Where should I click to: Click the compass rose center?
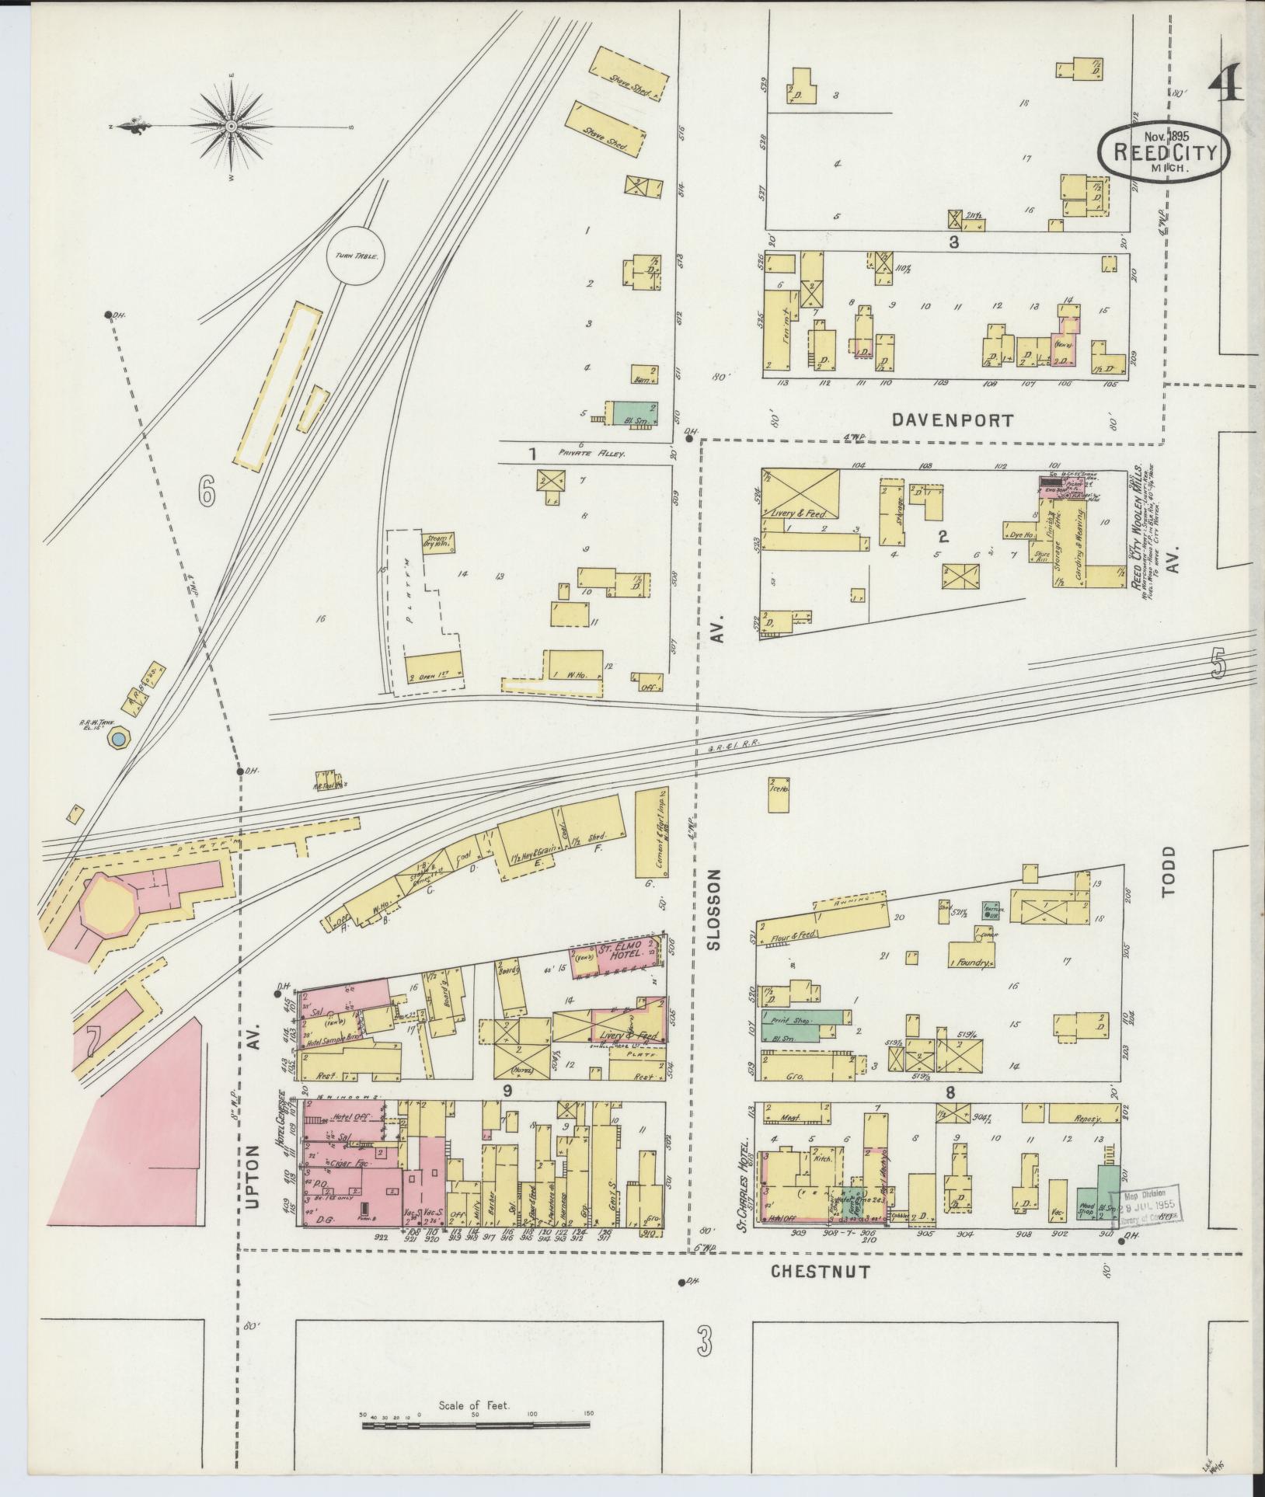231,126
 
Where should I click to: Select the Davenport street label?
952,421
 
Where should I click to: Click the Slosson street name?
715,910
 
